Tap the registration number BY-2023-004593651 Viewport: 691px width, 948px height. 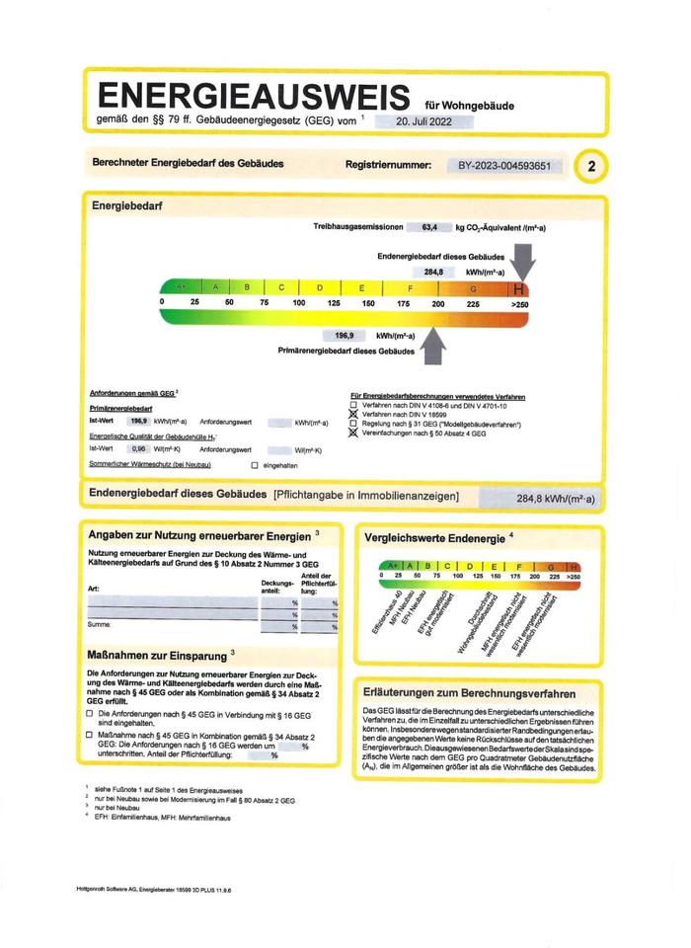(x=504, y=165)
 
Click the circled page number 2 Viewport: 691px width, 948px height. (x=591, y=166)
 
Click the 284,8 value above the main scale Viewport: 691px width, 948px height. (x=433, y=271)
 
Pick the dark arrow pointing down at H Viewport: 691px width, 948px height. (x=523, y=265)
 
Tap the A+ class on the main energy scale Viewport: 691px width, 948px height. (x=181, y=287)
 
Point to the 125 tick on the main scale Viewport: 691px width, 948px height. (x=334, y=303)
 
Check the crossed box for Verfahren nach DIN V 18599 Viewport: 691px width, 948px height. (x=352, y=414)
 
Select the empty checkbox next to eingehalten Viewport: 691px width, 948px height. (x=254, y=464)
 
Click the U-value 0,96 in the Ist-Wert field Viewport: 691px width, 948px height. (x=139, y=447)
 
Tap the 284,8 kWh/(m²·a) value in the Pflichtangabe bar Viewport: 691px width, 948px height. (x=553, y=499)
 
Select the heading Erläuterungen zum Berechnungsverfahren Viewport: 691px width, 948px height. (x=469, y=693)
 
